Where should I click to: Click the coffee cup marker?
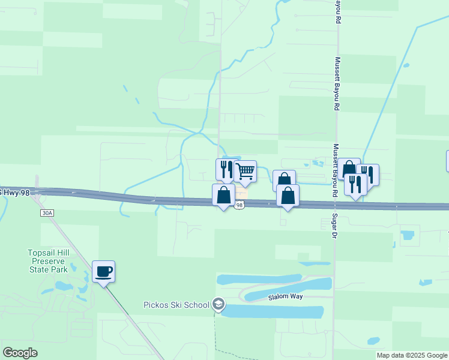tap(103, 272)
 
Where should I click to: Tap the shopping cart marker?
tap(245, 172)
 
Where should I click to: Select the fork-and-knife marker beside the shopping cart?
tap(225, 169)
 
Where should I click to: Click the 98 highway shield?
tap(240, 205)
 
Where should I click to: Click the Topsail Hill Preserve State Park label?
tap(49, 261)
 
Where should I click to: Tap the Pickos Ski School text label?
tap(176, 304)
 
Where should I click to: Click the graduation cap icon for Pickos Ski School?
tap(218, 305)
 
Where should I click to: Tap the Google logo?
tap(20, 353)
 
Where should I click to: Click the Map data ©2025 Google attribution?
tap(411, 355)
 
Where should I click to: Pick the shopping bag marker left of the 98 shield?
tap(223, 195)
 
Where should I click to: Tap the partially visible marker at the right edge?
tap(447, 161)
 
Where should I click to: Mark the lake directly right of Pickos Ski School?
tap(276, 311)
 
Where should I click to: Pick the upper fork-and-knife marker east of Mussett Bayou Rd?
tap(368, 175)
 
